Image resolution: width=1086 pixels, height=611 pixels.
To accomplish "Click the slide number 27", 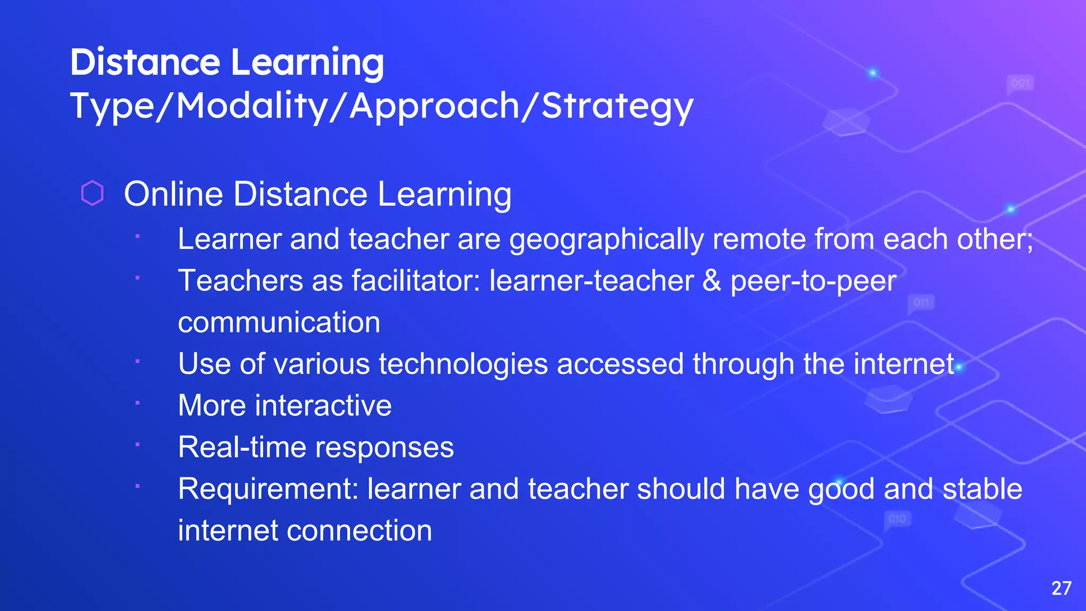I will coord(1061,588).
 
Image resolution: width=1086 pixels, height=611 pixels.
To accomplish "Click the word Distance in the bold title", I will coord(145,63).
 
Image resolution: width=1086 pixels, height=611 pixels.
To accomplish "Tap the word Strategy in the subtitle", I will coord(617,106).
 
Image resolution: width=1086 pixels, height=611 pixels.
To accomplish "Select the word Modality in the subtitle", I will coord(252,106).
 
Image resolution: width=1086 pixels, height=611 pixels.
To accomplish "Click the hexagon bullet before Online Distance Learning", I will coord(92,193).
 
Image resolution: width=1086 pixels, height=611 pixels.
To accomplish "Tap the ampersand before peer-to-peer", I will coord(712,281).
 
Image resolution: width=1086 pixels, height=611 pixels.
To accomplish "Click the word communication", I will coord(279,322).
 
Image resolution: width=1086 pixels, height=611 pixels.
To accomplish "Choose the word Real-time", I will coord(242,447).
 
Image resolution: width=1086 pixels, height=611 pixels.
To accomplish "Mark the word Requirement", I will coord(268,489).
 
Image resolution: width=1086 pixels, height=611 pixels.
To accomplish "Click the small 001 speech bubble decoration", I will coord(1020,84).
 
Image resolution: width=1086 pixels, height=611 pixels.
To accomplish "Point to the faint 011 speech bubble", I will coord(921,303).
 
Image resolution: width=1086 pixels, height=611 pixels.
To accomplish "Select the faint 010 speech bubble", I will coord(897,519).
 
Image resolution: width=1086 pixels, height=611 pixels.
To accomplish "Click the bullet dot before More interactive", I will coord(137,403).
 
